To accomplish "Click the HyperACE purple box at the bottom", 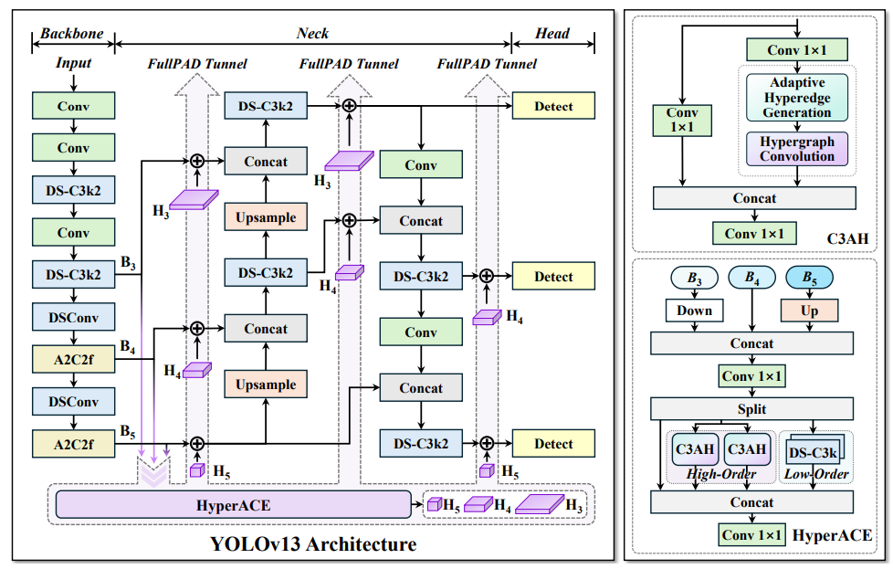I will pos(234,504).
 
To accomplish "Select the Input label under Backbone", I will pos(73,63).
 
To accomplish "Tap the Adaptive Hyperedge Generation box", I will pos(797,98).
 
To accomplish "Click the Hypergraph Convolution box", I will pos(797,148).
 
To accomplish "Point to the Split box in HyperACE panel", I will pos(751,408).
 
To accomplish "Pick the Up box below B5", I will pos(809,311).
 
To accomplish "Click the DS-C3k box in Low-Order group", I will pos(813,452).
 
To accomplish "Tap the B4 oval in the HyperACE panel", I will pos(751,278).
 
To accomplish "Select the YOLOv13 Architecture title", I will pos(313,545).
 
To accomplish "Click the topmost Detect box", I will pos(553,106).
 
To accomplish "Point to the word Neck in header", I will pos(312,34).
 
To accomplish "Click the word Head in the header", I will pos(552,34).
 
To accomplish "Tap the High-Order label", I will pos(720,474).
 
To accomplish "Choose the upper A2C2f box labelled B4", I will pos(73,359).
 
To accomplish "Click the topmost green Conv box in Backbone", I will pos(73,106).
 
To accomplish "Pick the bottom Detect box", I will pos(553,444).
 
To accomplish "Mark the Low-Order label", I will pos(816,474).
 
